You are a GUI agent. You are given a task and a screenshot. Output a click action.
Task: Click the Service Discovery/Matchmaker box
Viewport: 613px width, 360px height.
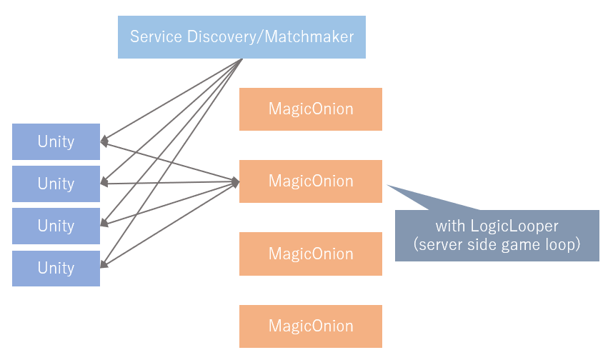[241, 37]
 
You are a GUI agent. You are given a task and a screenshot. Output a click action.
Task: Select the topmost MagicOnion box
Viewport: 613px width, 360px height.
[311, 109]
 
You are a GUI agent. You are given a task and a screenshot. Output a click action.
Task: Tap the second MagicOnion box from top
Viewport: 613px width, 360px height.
[311, 181]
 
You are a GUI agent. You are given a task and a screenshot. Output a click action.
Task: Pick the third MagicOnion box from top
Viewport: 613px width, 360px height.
[311, 254]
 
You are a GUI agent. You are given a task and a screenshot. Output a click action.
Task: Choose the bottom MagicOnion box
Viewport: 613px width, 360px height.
[311, 326]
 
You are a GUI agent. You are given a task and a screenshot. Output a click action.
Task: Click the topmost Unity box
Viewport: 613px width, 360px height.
[56, 141]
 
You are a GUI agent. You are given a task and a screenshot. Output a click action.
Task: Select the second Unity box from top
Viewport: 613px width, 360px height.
[56, 184]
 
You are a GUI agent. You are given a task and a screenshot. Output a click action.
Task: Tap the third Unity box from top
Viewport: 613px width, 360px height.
[56, 226]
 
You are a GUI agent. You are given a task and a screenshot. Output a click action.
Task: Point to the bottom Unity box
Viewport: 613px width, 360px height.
[56, 268]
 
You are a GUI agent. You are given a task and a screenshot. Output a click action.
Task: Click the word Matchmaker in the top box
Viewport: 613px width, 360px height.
[309, 36]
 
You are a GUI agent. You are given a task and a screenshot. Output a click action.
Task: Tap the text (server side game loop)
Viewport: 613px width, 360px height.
[497, 244]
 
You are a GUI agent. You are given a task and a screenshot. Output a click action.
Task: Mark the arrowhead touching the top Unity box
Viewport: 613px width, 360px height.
[104, 141]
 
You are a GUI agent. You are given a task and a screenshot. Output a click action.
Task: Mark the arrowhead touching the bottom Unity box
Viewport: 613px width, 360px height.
[104, 266]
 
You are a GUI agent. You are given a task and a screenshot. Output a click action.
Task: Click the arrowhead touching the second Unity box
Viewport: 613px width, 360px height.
[104, 183]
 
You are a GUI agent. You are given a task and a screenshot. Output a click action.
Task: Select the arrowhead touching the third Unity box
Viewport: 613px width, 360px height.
[104, 224]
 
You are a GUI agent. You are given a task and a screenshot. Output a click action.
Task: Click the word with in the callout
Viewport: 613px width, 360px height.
[450, 226]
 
